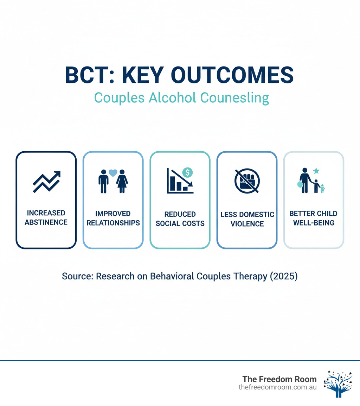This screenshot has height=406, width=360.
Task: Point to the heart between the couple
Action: [113, 173]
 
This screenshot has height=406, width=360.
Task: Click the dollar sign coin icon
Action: [188, 172]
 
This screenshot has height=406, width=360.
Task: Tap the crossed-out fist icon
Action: [247, 181]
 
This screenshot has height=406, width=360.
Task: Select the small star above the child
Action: [316, 171]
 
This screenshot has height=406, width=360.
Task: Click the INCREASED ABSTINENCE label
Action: [46, 218]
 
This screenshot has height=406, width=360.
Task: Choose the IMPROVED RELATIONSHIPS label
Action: [113, 218]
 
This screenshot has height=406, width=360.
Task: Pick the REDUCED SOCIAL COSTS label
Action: [180, 218]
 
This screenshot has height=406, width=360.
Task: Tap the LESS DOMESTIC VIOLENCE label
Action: [247, 219]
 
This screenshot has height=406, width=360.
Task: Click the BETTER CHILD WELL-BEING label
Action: [313, 218]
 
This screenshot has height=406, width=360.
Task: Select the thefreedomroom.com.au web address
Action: [277, 387]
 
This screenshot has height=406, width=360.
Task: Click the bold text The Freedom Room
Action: [279, 379]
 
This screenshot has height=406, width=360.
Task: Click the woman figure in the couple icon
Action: [122, 181]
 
